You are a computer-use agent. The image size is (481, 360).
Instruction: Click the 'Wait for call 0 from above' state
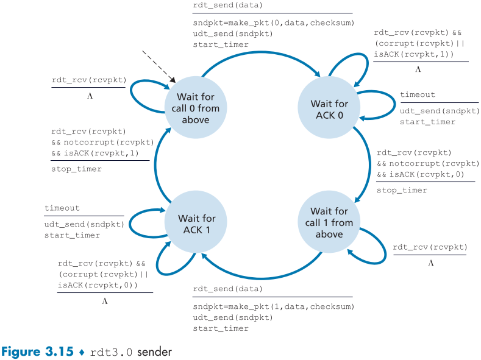pyautogui.click(x=196, y=108)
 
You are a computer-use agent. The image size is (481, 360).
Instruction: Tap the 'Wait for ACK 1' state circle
pyautogui.click(x=197, y=224)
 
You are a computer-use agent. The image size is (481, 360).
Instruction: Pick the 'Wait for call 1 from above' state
pyautogui.click(x=329, y=223)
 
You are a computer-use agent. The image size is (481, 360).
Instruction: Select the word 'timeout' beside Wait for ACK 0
pyautogui.click(x=418, y=95)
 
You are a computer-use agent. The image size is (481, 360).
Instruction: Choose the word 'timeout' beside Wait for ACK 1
pyautogui.click(x=62, y=208)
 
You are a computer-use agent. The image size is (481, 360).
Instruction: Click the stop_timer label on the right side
pyautogui.click(x=402, y=190)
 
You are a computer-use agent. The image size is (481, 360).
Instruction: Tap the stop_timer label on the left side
pyautogui.click(x=76, y=169)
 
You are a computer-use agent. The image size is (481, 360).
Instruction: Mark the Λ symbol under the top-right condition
pyautogui.click(x=418, y=70)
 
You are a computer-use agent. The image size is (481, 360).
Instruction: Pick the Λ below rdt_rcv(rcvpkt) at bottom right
pyautogui.click(x=430, y=263)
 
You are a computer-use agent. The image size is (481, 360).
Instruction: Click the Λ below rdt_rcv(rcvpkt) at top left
pyautogui.click(x=90, y=96)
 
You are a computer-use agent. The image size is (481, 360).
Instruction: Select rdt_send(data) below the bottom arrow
pyautogui.click(x=228, y=288)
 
